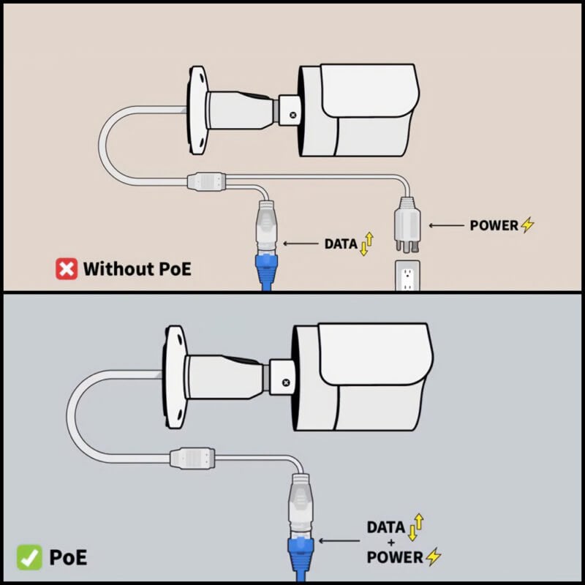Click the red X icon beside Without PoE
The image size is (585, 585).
coord(67,268)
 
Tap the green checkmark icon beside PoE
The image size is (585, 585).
coord(29,557)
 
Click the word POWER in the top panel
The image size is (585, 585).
coord(494,225)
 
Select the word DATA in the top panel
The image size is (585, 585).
coord(341,244)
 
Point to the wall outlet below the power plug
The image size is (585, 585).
coord(407,276)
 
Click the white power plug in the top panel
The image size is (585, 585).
coord(407,224)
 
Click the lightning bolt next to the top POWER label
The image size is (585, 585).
coord(527,224)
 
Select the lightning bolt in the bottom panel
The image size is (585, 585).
coord(434,556)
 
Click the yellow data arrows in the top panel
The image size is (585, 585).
coord(367,244)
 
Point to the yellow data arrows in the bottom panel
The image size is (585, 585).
coord(416,526)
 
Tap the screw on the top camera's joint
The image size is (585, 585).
coord(293,116)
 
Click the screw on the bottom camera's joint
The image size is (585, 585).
coord(286,382)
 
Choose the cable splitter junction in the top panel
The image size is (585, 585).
coord(206,181)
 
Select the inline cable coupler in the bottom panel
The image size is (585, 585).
coord(192,458)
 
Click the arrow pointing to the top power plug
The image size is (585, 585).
coord(447,225)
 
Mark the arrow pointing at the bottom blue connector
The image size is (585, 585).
coord(339,540)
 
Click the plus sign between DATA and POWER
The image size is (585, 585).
coord(390,542)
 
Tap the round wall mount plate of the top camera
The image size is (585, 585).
coord(197,110)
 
